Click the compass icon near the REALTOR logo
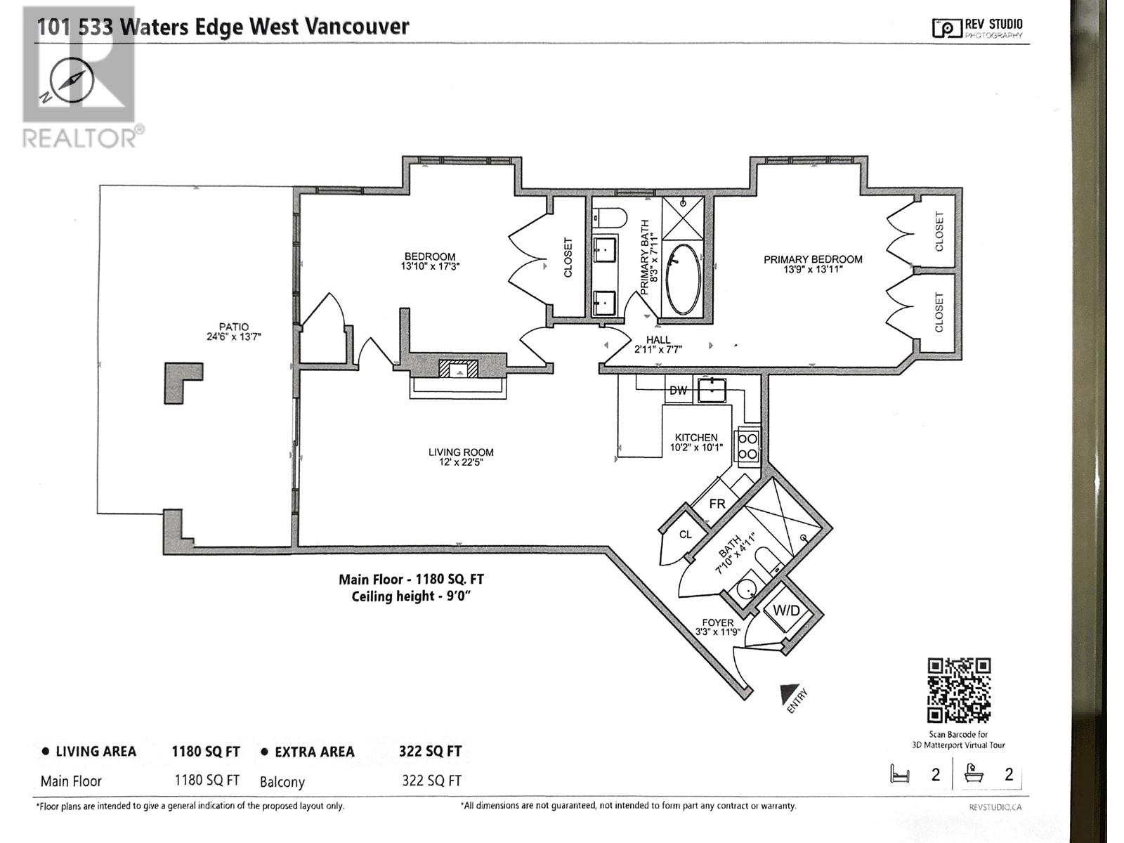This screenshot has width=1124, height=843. pyautogui.click(x=72, y=81)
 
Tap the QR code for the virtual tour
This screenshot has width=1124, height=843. pyautogui.click(x=959, y=690)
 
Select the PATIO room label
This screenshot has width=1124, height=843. pyautogui.click(x=233, y=327)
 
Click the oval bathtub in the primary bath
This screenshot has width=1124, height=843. pyautogui.click(x=684, y=279)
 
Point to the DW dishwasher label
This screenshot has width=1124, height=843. pyautogui.click(x=678, y=391)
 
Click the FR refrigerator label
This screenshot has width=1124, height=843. pyautogui.click(x=717, y=504)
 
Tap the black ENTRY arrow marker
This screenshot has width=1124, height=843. pyautogui.click(x=788, y=695)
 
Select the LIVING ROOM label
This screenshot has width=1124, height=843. pyautogui.click(x=461, y=452)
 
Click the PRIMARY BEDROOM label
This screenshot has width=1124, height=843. pyautogui.click(x=813, y=259)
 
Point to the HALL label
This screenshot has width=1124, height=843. pyautogui.click(x=658, y=340)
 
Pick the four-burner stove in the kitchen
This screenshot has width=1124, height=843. pyautogui.click(x=747, y=446)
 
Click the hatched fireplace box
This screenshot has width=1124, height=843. pyautogui.click(x=458, y=369)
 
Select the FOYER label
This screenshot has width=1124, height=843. pyautogui.click(x=717, y=622)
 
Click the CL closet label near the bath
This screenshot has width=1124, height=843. pyautogui.click(x=685, y=535)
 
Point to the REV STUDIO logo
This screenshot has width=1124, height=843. pyautogui.click(x=977, y=27)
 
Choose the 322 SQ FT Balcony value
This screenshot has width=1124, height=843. pyautogui.click(x=431, y=780)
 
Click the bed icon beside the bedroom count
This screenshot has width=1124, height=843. pyautogui.click(x=899, y=774)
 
